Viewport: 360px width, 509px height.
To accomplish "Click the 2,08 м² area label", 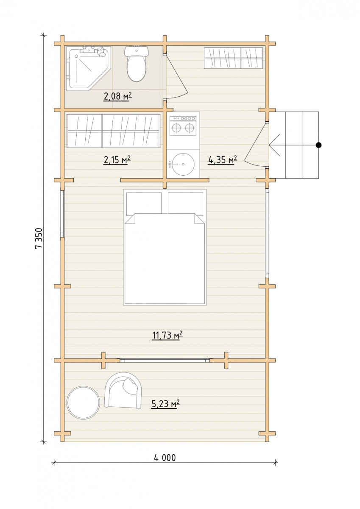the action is click(x=117, y=96).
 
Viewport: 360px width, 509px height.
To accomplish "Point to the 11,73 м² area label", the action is click(x=167, y=336).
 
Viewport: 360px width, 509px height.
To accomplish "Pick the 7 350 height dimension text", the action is click(x=39, y=238).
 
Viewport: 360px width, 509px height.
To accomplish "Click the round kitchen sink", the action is click(x=183, y=165).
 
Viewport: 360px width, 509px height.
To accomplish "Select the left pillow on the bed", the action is click(x=144, y=204).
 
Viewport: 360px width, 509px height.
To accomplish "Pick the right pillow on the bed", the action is click(x=186, y=204).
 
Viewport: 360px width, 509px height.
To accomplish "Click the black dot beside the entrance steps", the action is click(x=319, y=145).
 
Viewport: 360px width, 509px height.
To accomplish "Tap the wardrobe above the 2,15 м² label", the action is click(x=114, y=131).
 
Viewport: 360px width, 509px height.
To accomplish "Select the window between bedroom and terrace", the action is click(x=165, y=361).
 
